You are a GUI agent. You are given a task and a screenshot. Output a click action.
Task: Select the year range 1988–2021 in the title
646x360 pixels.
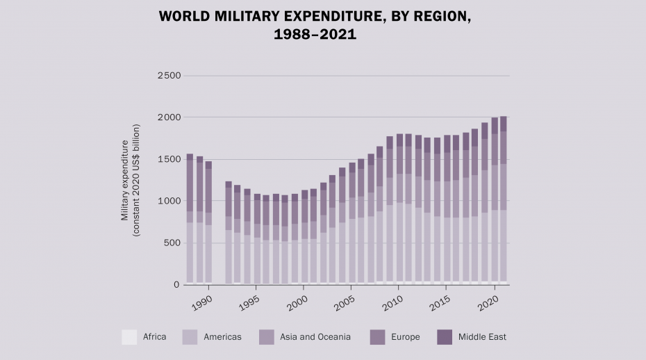316,34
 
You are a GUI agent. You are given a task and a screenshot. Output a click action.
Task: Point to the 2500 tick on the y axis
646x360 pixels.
169,76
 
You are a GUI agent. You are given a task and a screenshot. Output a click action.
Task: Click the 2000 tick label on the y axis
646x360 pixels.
169,117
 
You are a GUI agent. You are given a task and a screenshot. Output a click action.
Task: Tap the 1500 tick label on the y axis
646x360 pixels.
169,159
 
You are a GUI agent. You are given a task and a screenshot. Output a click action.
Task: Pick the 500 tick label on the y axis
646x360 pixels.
172,243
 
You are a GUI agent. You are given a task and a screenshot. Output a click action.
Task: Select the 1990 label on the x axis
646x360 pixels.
202,303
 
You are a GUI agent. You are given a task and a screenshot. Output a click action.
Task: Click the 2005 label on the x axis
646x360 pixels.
345,303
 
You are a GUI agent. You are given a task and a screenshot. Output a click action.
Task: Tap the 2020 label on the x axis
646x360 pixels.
488,303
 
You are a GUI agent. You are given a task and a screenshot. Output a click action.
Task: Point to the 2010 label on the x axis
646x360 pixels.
393,303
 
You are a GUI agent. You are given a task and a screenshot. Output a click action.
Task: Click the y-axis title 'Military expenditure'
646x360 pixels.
125,180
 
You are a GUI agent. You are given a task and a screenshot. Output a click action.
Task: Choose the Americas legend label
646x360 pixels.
222,337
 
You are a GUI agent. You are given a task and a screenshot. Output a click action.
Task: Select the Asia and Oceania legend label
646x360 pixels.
315,337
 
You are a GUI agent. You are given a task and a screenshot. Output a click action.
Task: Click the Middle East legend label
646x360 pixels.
482,337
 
